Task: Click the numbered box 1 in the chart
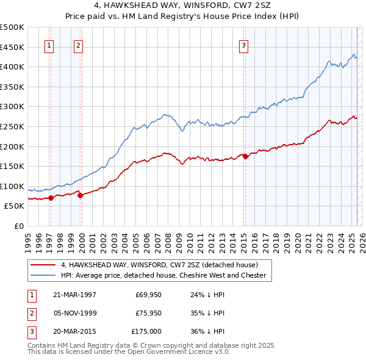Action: coord(48,45)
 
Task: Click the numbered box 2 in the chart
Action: coord(79,45)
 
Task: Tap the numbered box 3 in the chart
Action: coord(243,45)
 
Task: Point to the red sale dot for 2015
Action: coord(245,156)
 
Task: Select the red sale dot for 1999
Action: coord(80,195)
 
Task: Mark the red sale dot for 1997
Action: coord(51,198)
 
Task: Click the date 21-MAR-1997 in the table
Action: coord(75,295)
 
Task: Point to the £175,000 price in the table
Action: coord(146,331)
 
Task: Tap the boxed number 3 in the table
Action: coord(30,331)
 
